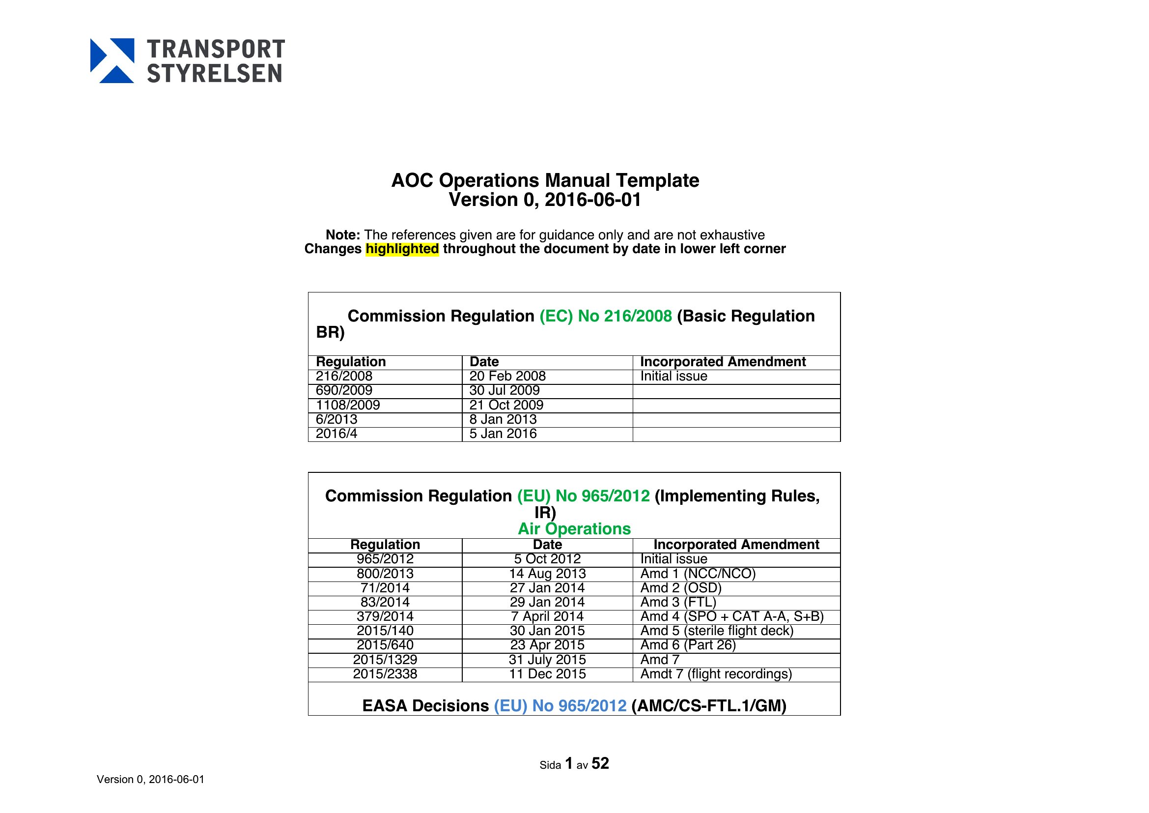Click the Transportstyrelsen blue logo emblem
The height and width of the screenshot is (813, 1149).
(112, 60)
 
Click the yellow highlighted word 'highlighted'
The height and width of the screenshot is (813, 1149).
(402, 249)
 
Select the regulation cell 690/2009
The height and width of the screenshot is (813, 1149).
(344, 390)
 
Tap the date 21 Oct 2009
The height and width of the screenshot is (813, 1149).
(506, 405)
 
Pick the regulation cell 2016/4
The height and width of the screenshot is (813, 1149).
(336, 434)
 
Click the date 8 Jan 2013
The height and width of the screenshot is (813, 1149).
(503, 419)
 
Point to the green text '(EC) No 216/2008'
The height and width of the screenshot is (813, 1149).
(606, 316)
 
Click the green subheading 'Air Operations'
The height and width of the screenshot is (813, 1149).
(574, 529)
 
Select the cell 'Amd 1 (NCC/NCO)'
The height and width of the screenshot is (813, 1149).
(698, 574)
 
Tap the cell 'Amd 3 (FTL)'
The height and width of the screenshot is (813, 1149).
(678, 602)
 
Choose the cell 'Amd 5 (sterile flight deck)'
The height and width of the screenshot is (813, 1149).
(717, 631)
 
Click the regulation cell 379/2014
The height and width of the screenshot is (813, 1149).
(385, 617)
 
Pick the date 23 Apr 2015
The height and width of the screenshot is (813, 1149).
(547, 645)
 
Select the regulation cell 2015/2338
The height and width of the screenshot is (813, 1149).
(385, 674)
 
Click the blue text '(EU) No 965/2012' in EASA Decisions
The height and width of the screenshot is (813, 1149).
(560, 706)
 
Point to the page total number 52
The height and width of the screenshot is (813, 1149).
(600, 763)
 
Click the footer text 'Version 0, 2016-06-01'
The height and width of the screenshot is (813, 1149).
(150, 780)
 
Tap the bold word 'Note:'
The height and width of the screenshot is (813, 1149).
(343, 235)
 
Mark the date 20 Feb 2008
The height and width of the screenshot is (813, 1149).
(507, 377)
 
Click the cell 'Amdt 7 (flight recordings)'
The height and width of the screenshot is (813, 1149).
(716, 674)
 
